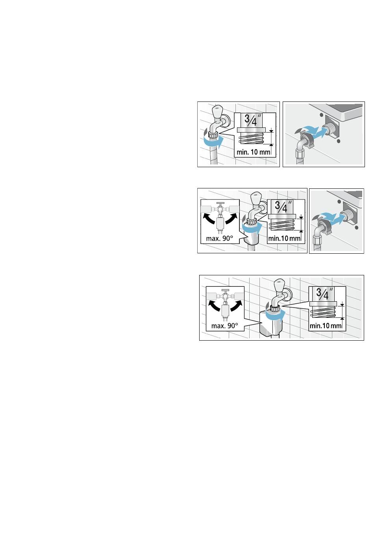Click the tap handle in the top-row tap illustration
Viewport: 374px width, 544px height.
click(x=217, y=111)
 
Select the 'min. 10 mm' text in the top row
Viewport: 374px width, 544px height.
click(x=254, y=152)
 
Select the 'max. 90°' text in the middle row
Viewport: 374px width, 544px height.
click(x=219, y=238)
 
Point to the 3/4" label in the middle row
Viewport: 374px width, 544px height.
click(x=283, y=207)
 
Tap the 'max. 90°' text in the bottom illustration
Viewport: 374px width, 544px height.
click(x=224, y=325)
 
